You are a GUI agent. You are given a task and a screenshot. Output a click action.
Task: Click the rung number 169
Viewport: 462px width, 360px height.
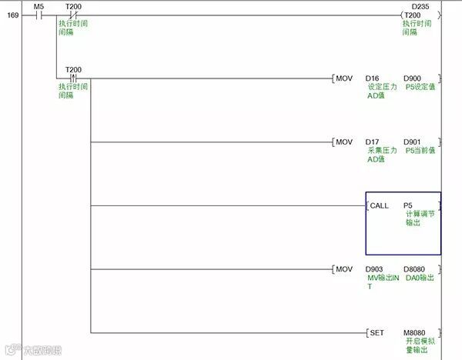13,15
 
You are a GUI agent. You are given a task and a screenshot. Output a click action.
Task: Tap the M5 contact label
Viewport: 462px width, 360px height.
40,6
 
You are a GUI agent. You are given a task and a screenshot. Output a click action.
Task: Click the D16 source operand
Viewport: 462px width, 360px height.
373,78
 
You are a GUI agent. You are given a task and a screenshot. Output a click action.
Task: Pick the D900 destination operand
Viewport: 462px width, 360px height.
413,78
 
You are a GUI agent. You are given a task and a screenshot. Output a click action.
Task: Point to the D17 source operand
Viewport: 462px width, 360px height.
373,142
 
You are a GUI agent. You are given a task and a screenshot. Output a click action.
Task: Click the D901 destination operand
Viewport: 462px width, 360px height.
413,142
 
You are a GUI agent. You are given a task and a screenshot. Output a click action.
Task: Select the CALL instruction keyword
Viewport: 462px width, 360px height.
380,205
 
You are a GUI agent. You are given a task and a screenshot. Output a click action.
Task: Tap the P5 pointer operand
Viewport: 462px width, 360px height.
408,205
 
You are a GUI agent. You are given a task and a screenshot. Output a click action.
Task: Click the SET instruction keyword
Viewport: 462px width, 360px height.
377,332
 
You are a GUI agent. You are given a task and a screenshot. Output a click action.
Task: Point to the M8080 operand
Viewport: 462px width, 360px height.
415,332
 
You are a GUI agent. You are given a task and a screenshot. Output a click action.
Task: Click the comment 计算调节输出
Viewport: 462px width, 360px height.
419,218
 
